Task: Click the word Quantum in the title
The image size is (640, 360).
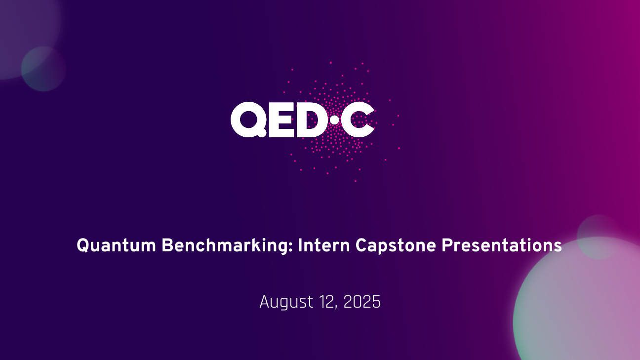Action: pos(116,246)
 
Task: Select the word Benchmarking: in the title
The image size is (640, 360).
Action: pos(228,246)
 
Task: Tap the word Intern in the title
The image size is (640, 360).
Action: pos(324,245)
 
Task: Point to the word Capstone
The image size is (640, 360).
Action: pos(396,246)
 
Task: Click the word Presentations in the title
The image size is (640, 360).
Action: pos(502,246)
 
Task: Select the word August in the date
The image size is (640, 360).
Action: pos(286,303)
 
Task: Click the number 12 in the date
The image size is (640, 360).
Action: pos(327,302)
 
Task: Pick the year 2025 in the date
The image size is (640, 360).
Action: pos(361,302)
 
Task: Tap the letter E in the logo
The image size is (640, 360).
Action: pos(281,120)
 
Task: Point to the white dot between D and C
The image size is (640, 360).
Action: pos(334,120)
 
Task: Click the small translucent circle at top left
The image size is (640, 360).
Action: pos(43,69)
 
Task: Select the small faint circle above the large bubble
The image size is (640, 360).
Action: pos(599,237)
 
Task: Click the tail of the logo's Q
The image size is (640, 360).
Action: pos(262,133)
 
